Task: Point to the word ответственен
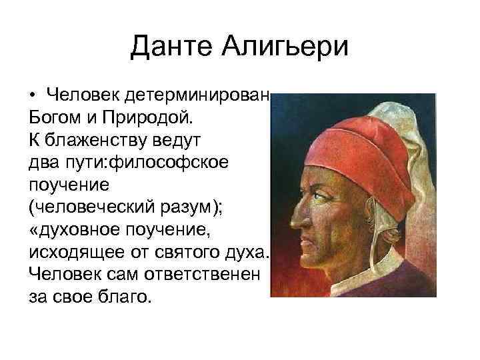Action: [x=190, y=275]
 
